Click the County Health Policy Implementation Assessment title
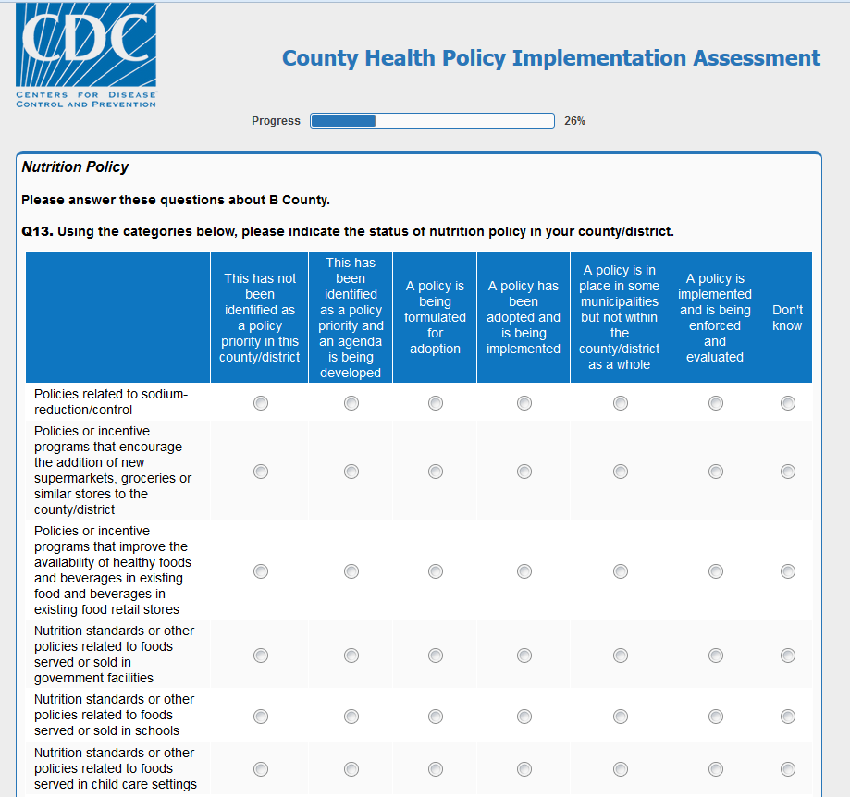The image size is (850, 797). (x=551, y=58)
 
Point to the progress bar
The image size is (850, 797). (x=432, y=121)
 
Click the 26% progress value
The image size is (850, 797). (x=574, y=121)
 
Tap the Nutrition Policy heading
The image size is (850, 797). (x=75, y=167)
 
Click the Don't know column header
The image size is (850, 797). (x=787, y=318)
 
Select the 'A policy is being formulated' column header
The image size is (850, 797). (x=435, y=318)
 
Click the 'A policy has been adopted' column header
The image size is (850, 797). (x=524, y=318)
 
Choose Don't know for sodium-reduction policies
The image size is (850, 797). (x=788, y=403)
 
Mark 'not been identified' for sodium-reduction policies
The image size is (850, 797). (x=261, y=403)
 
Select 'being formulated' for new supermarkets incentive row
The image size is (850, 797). (x=436, y=472)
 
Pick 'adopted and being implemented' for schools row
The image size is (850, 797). (x=524, y=717)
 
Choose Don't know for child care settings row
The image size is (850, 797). (x=788, y=769)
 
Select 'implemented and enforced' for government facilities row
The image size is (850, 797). (x=716, y=656)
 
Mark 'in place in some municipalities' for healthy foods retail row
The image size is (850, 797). (x=621, y=571)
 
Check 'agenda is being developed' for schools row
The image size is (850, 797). (x=351, y=717)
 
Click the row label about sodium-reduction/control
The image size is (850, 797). (x=111, y=402)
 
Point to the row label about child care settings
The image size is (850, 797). (x=115, y=768)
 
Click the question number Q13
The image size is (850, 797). (x=37, y=231)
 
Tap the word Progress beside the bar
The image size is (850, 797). (x=276, y=121)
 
